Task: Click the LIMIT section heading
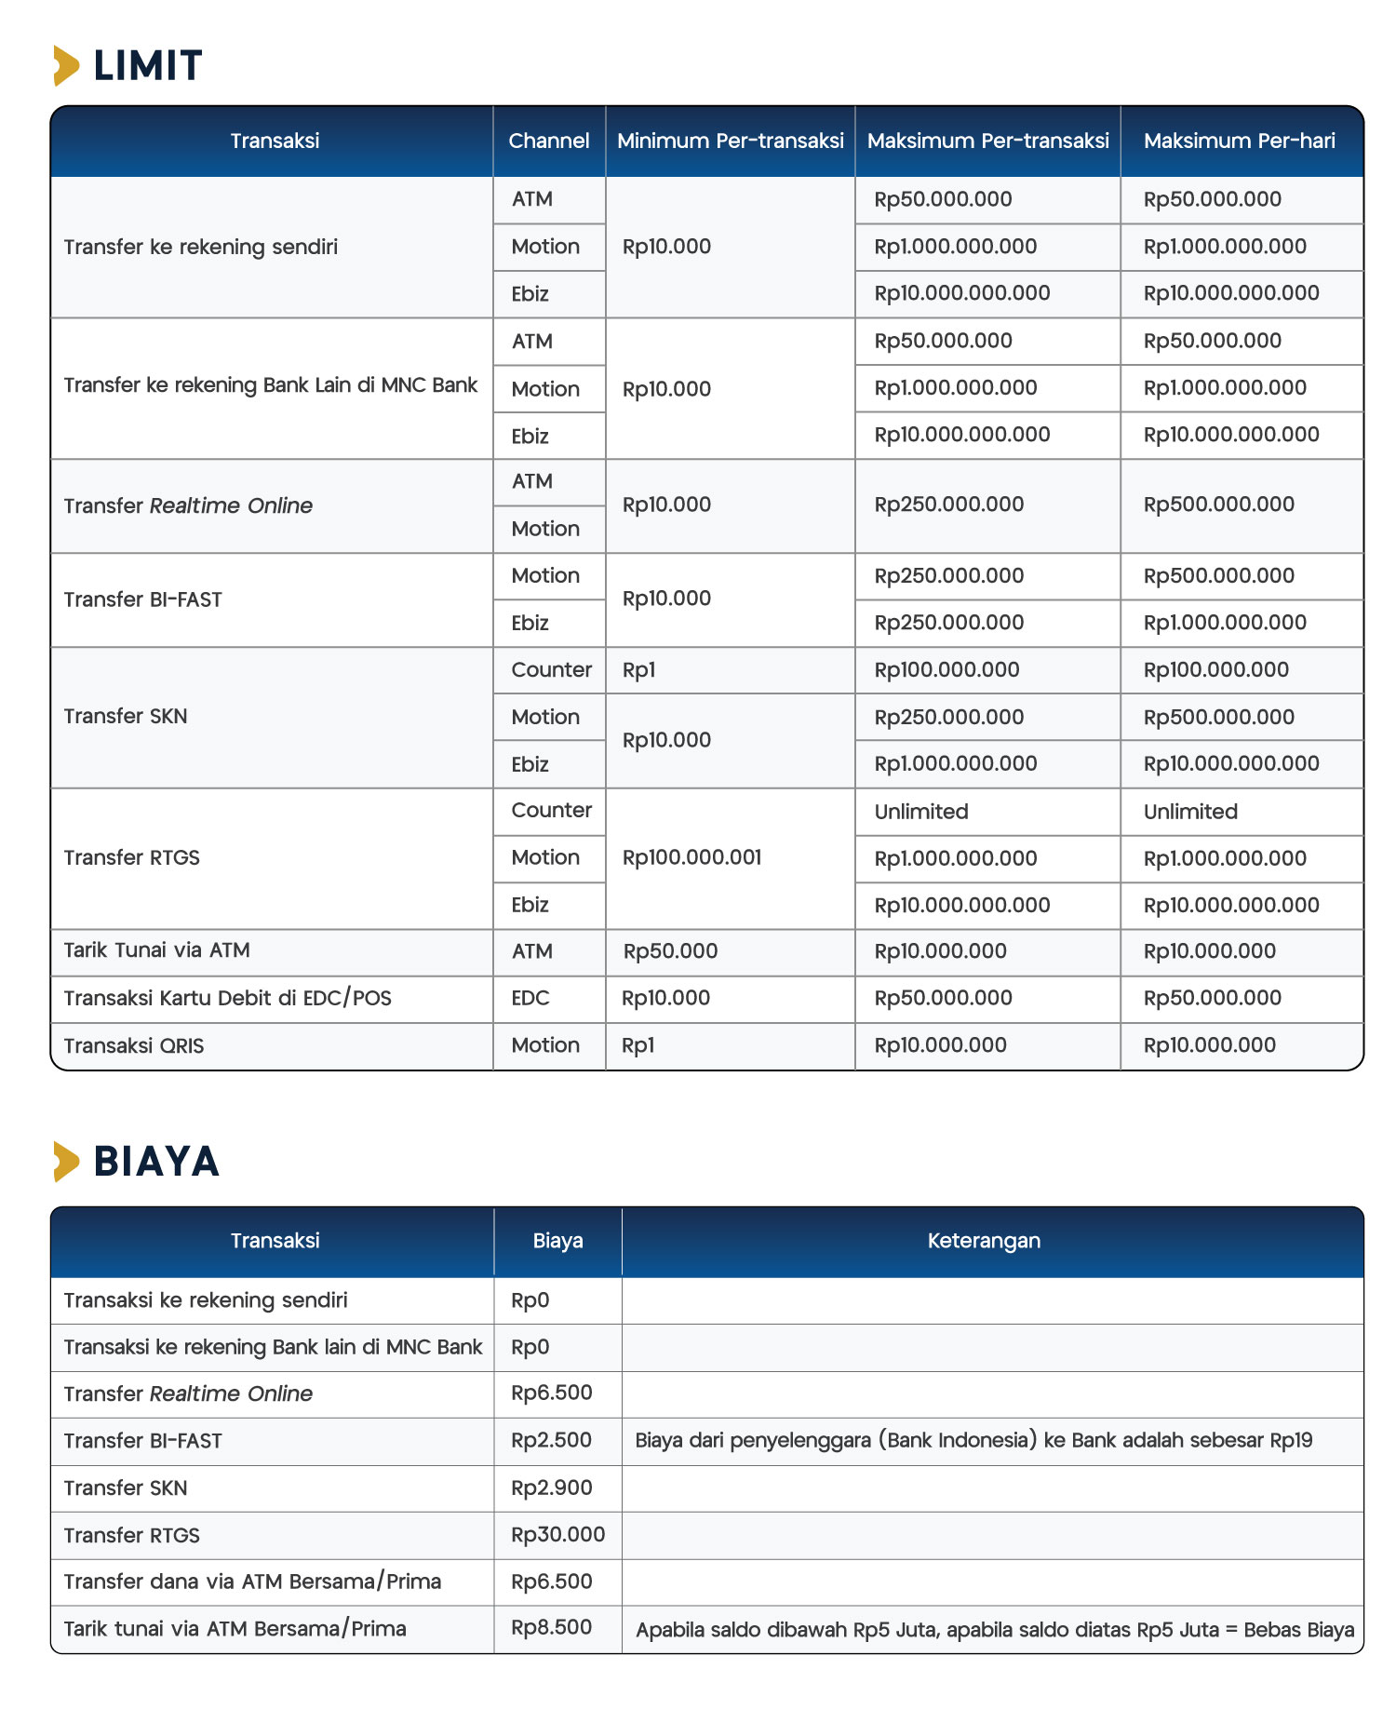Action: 147,66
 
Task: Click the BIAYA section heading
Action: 156,1162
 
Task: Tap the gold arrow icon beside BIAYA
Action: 66,1162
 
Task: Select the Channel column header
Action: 548,141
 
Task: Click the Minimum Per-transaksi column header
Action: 730,141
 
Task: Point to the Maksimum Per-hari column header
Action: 1239,141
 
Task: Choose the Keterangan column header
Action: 984,1241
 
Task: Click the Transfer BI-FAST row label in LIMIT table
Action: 143,599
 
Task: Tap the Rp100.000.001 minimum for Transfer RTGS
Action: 691,857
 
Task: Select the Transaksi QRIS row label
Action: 134,1045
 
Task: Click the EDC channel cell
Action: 530,998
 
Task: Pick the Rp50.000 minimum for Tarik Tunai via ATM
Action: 670,951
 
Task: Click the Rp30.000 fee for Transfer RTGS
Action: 557,1534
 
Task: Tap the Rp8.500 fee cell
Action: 551,1627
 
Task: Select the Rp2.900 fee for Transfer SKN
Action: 551,1487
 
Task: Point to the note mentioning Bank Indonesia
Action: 973,1441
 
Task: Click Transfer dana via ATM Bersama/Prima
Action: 252,1582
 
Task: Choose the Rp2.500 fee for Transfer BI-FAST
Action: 551,1440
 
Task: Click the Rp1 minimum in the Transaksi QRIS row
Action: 638,1045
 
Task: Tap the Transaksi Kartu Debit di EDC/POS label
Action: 227,998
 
